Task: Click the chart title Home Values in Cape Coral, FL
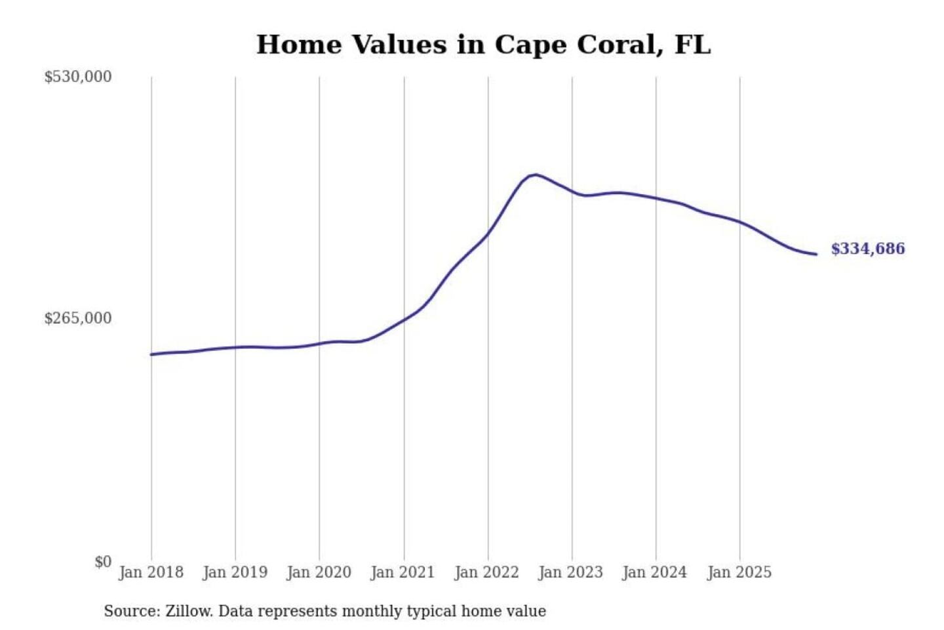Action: click(x=483, y=45)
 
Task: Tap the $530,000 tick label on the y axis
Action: click(x=77, y=77)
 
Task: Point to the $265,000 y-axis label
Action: click(x=77, y=318)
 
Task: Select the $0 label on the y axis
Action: click(x=103, y=562)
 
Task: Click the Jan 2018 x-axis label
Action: click(x=151, y=572)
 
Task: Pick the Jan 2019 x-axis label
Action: click(x=235, y=572)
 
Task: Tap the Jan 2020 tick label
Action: click(x=319, y=572)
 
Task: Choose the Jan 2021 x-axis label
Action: click(x=403, y=572)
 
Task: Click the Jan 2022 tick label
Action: click(x=486, y=572)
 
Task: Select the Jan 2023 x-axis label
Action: click(x=570, y=572)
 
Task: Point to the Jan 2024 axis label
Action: click(x=654, y=572)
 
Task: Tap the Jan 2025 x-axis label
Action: click(x=739, y=572)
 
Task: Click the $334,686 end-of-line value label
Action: click(x=867, y=249)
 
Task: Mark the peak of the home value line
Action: click(x=536, y=175)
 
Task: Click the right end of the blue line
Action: click(x=816, y=254)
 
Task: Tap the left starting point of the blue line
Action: click(x=151, y=354)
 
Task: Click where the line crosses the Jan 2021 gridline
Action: click(x=404, y=319)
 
